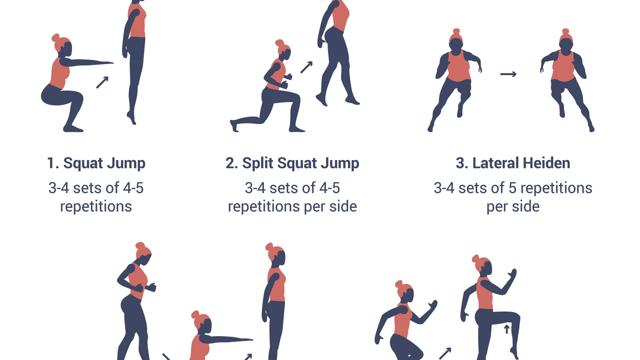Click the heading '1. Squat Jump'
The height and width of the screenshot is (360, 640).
[96, 163]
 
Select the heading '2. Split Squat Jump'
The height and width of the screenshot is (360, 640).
[292, 163]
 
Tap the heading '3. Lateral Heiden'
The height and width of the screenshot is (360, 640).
[513, 163]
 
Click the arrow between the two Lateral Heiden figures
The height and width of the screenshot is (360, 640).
[508, 74]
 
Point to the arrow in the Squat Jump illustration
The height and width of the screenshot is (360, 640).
[102, 82]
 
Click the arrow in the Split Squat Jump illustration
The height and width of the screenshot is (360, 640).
[306, 67]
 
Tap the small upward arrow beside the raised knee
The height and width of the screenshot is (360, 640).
[507, 329]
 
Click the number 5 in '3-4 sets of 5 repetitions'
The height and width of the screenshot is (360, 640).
[512, 188]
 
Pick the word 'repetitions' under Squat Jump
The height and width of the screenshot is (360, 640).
[96, 206]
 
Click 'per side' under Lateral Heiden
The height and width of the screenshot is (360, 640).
[513, 206]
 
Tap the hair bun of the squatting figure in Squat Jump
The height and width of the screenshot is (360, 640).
[55, 37]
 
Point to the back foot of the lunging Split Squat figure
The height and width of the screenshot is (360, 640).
[234, 125]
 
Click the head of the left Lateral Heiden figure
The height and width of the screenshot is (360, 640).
[455, 43]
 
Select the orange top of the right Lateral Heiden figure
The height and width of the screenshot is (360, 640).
[563, 66]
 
